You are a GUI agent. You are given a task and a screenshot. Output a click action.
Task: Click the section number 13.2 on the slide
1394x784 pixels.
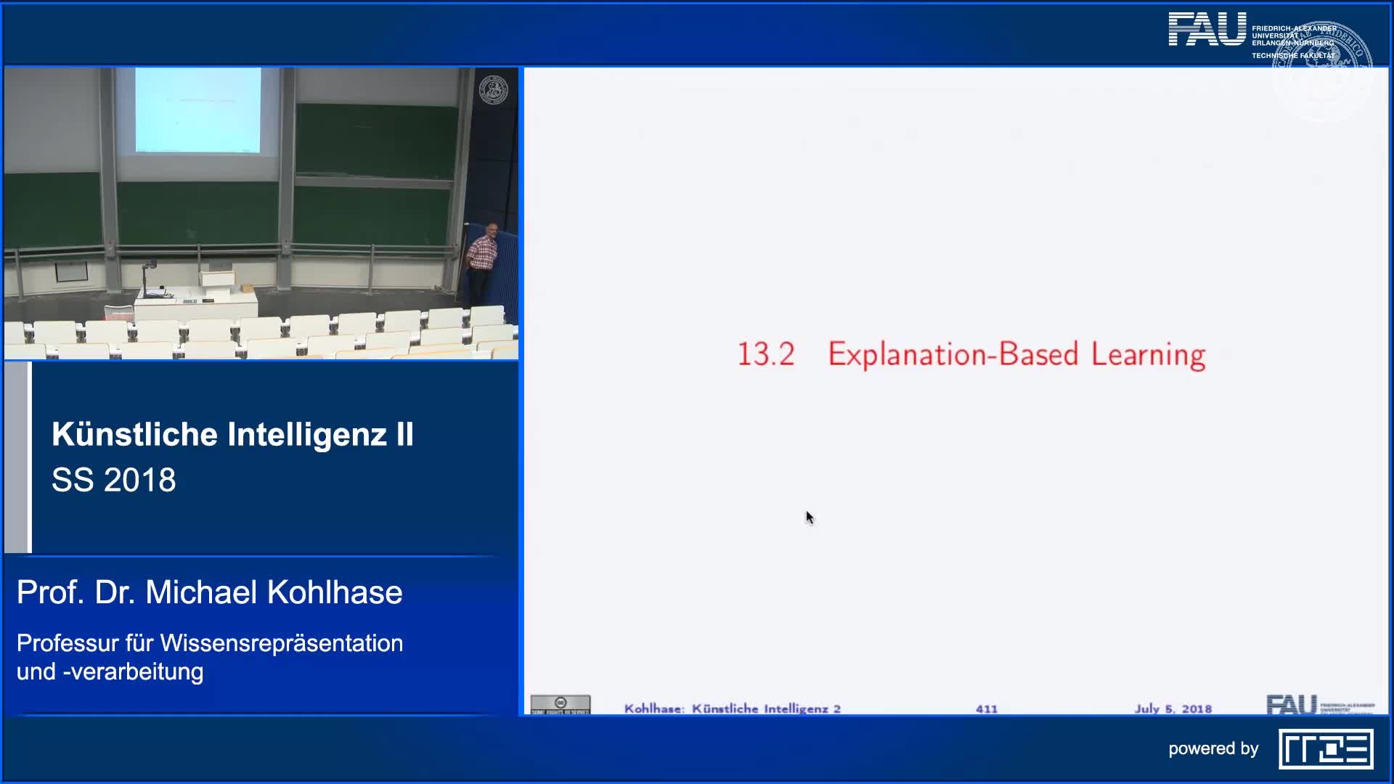coord(766,355)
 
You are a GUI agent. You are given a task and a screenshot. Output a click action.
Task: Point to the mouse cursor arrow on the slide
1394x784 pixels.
coord(809,517)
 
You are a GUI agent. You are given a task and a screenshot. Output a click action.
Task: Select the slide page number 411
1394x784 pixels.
coord(986,709)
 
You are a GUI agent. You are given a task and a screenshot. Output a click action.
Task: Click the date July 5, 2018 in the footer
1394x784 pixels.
coord(1173,709)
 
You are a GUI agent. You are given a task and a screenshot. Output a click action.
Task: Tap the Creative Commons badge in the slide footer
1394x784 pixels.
coord(560,704)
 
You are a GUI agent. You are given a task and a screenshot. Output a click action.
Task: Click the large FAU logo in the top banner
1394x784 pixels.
coord(1206,30)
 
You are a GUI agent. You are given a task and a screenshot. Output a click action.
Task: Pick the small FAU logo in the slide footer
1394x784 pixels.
coord(1291,704)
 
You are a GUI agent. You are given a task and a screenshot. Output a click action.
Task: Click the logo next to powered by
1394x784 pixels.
coord(1326,749)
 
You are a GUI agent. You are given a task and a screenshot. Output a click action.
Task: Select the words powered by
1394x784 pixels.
coord(1213,749)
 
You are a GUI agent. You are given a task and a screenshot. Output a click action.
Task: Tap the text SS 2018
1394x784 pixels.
coord(114,480)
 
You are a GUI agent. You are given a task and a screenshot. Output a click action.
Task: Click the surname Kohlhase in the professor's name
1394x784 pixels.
coord(335,592)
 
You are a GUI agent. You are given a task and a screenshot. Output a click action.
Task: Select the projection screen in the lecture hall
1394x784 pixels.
coord(197,110)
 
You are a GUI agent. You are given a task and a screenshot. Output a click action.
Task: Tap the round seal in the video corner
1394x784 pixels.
coord(494,90)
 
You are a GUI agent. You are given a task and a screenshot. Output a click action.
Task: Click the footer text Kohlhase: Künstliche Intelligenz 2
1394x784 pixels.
coord(732,709)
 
